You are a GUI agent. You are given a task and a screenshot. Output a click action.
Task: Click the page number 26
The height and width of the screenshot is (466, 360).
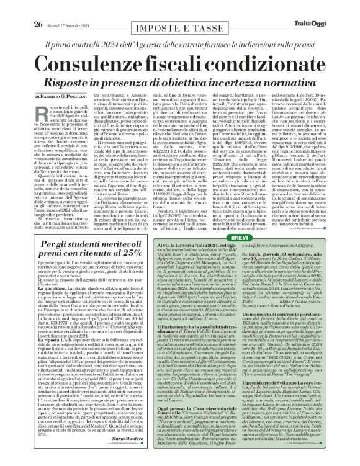coord(20,7)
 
